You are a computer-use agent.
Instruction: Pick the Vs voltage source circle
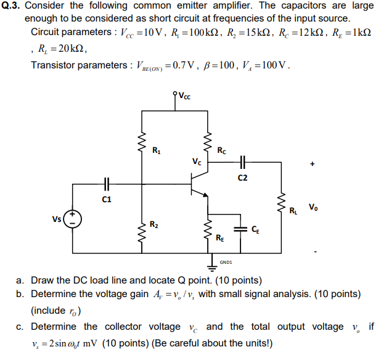(72, 218)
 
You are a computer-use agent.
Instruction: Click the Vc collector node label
(195, 163)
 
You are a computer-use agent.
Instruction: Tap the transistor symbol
(200, 184)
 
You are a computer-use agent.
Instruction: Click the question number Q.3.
(12, 6)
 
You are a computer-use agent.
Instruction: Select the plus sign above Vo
(314, 165)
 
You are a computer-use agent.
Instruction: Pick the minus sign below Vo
(316, 252)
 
